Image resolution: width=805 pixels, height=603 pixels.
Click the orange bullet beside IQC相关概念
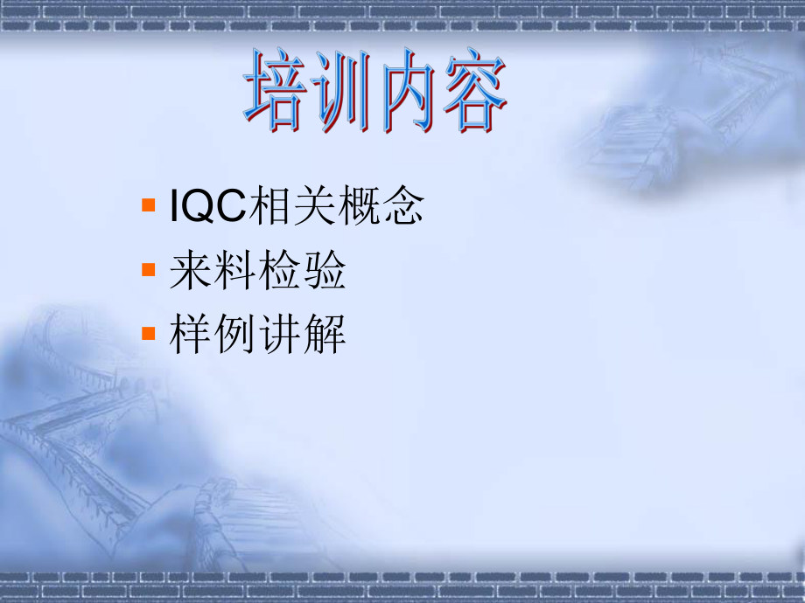(x=148, y=207)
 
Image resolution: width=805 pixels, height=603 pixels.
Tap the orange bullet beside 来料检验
(x=148, y=272)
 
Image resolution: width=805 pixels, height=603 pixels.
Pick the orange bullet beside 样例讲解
(x=148, y=335)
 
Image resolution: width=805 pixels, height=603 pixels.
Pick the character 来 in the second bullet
(x=192, y=272)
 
